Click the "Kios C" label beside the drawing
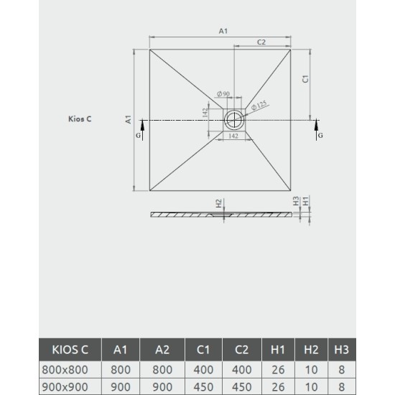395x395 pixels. [x=79, y=119]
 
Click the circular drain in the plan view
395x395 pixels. [x=234, y=119]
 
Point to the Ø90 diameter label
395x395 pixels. [x=223, y=94]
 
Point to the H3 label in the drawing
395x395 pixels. [x=295, y=203]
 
